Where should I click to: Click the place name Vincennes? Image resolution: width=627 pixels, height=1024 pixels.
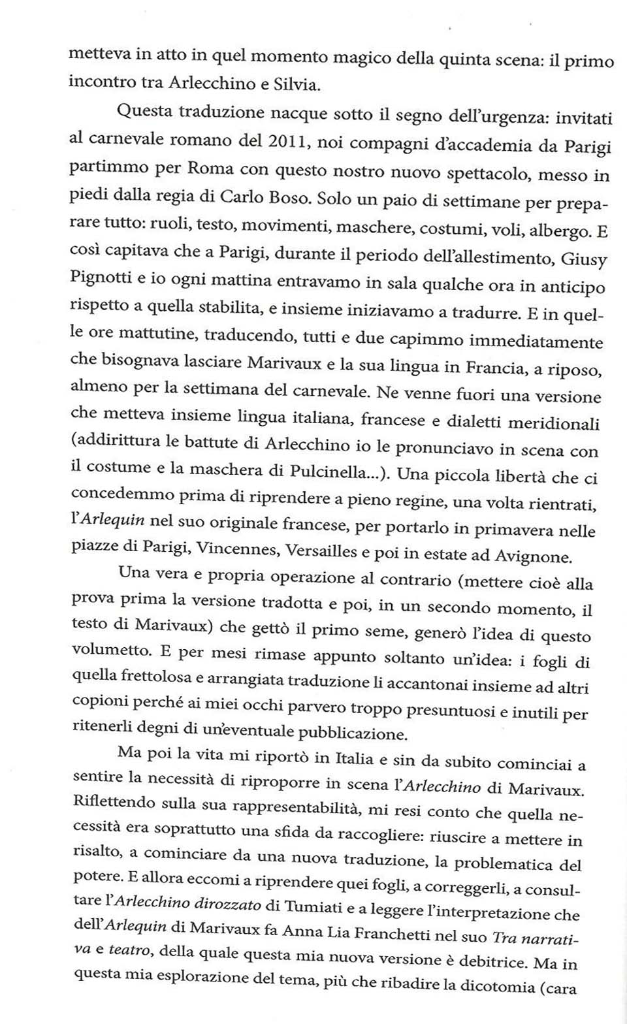coord(238,549)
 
